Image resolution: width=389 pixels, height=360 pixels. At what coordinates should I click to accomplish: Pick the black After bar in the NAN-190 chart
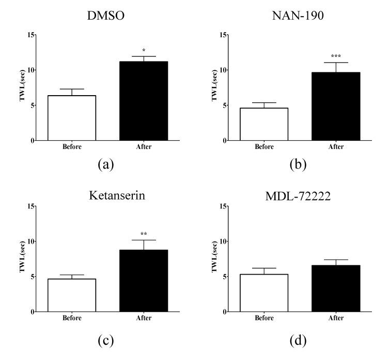(x=336, y=107)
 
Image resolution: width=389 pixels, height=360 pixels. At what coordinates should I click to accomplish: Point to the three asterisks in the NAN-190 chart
(x=336, y=56)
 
